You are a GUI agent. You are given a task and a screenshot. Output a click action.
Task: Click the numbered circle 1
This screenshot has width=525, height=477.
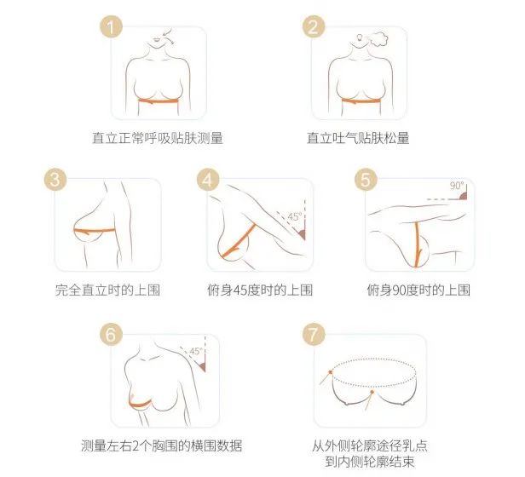(111, 26)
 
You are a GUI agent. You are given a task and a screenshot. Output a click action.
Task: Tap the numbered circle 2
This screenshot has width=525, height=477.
(314, 26)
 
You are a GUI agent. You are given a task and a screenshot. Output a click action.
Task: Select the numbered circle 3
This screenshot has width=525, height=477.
(55, 179)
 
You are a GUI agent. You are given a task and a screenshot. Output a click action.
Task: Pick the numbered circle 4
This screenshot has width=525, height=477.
(208, 179)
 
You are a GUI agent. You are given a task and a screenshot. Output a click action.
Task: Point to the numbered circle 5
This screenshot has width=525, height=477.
(366, 179)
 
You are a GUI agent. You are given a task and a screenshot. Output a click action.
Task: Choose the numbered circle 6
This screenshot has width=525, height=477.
(111, 334)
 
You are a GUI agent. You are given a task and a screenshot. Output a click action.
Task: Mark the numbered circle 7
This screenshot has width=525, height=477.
(314, 334)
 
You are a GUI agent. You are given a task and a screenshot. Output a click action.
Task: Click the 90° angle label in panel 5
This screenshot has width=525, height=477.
(457, 186)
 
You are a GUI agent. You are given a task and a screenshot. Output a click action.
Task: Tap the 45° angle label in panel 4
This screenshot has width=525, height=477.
(295, 216)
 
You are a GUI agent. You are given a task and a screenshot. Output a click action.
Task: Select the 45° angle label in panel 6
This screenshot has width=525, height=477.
(197, 351)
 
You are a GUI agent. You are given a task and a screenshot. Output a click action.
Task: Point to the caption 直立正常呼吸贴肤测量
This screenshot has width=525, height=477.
(158, 138)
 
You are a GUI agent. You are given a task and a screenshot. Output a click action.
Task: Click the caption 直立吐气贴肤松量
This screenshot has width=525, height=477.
(358, 138)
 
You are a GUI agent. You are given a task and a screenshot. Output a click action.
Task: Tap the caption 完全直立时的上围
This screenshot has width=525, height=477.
(107, 290)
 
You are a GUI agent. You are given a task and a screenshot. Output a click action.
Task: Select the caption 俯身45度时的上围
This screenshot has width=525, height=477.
(260, 290)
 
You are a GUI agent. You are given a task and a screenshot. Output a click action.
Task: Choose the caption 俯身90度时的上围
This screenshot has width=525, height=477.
(418, 290)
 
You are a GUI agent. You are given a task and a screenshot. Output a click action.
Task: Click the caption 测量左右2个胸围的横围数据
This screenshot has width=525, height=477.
(161, 445)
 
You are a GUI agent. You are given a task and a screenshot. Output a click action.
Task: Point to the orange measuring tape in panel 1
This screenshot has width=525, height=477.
(159, 101)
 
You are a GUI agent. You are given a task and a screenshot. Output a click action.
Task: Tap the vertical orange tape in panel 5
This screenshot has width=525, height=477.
(418, 244)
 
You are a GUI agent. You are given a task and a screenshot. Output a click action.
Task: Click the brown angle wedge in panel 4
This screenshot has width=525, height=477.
(302, 233)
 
